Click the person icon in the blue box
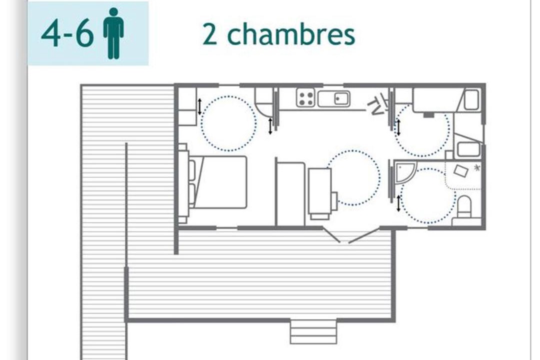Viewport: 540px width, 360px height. [x=113, y=33]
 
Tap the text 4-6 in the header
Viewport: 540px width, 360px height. [x=67, y=33]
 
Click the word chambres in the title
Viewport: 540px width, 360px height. [x=291, y=34]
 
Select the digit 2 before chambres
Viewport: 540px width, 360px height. [x=209, y=34]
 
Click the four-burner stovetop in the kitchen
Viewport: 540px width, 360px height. [x=306, y=98]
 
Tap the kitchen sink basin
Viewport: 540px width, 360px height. [x=341, y=99]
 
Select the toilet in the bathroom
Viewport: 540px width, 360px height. [x=464, y=207]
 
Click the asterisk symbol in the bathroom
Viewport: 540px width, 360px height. [x=477, y=168]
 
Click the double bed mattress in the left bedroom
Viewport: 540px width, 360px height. [x=221, y=182]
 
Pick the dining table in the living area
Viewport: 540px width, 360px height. [x=319, y=191]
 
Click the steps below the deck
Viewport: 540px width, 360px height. [x=313, y=332]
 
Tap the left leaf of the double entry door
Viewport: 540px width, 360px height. [x=332, y=235]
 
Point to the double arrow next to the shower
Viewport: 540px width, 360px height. [x=399, y=203]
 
